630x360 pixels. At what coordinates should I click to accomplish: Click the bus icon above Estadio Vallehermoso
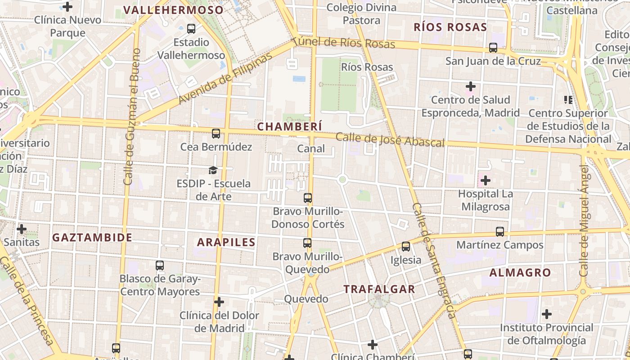[191, 29]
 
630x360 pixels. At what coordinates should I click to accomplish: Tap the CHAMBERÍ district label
[290, 127]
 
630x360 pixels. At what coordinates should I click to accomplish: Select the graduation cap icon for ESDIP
[213, 170]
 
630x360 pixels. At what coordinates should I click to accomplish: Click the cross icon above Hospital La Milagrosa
[485, 180]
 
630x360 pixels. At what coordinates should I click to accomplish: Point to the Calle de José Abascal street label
[390, 139]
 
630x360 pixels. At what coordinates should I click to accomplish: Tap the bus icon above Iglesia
[406, 247]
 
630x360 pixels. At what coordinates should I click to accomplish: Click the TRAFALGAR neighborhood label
[379, 289]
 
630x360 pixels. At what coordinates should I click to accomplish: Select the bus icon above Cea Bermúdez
[216, 134]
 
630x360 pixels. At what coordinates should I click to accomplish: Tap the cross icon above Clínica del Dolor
[219, 301]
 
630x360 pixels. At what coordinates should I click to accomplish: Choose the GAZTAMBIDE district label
[92, 237]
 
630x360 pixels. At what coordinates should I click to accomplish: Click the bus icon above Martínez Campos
[500, 232]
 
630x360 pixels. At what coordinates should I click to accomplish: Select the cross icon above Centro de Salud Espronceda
[471, 86]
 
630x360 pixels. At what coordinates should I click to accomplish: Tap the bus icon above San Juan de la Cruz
[493, 48]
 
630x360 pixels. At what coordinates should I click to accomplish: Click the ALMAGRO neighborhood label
[520, 272]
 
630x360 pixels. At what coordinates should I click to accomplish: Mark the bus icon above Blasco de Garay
[160, 265]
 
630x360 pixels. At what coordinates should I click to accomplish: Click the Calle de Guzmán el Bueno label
[132, 117]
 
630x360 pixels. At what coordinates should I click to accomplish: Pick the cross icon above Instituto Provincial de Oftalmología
[547, 314]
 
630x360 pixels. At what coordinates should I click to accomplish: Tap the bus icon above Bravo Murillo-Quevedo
[307, 243]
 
